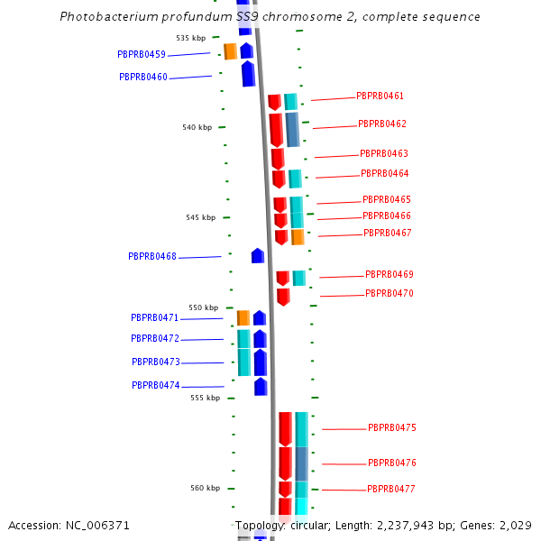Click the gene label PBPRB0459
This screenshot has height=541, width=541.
pyautogui.click(x=142, y=54)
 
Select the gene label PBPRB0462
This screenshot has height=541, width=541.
pyautogui.click(x=381, y=124)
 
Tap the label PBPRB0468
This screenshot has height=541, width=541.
pyautogui.click(x=152, y=256)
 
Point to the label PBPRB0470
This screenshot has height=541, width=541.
pyautogui.click(x=389, y=293)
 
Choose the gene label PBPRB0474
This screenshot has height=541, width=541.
pyautogui.click(x=156, y=385)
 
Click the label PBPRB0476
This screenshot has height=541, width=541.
pyautogui.click(x=391, y=463)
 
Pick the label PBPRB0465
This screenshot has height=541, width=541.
pyautogui.click(x=386, y=199)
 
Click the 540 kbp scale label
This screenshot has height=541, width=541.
pyautogui.click(x=197, y=127)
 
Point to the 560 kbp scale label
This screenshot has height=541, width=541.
pyautogui.click(x=205, y=488)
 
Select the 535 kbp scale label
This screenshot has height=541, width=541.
pyautogui.click(x=190, y=38)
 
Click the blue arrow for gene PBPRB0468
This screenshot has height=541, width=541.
pyautogui.click(x=258, y=255)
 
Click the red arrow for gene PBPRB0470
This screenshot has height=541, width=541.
pyautogui.click(x=283, y=297)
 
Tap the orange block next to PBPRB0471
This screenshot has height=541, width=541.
pyautogui.click(x=243, y=317)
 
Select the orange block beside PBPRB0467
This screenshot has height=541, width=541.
pyautogui.click(x=298, y=236)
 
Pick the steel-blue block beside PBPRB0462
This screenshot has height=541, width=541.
pyautogui.click(x=292, y=129)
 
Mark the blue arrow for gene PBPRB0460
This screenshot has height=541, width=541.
pyautogui.click(x=248, y=74)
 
